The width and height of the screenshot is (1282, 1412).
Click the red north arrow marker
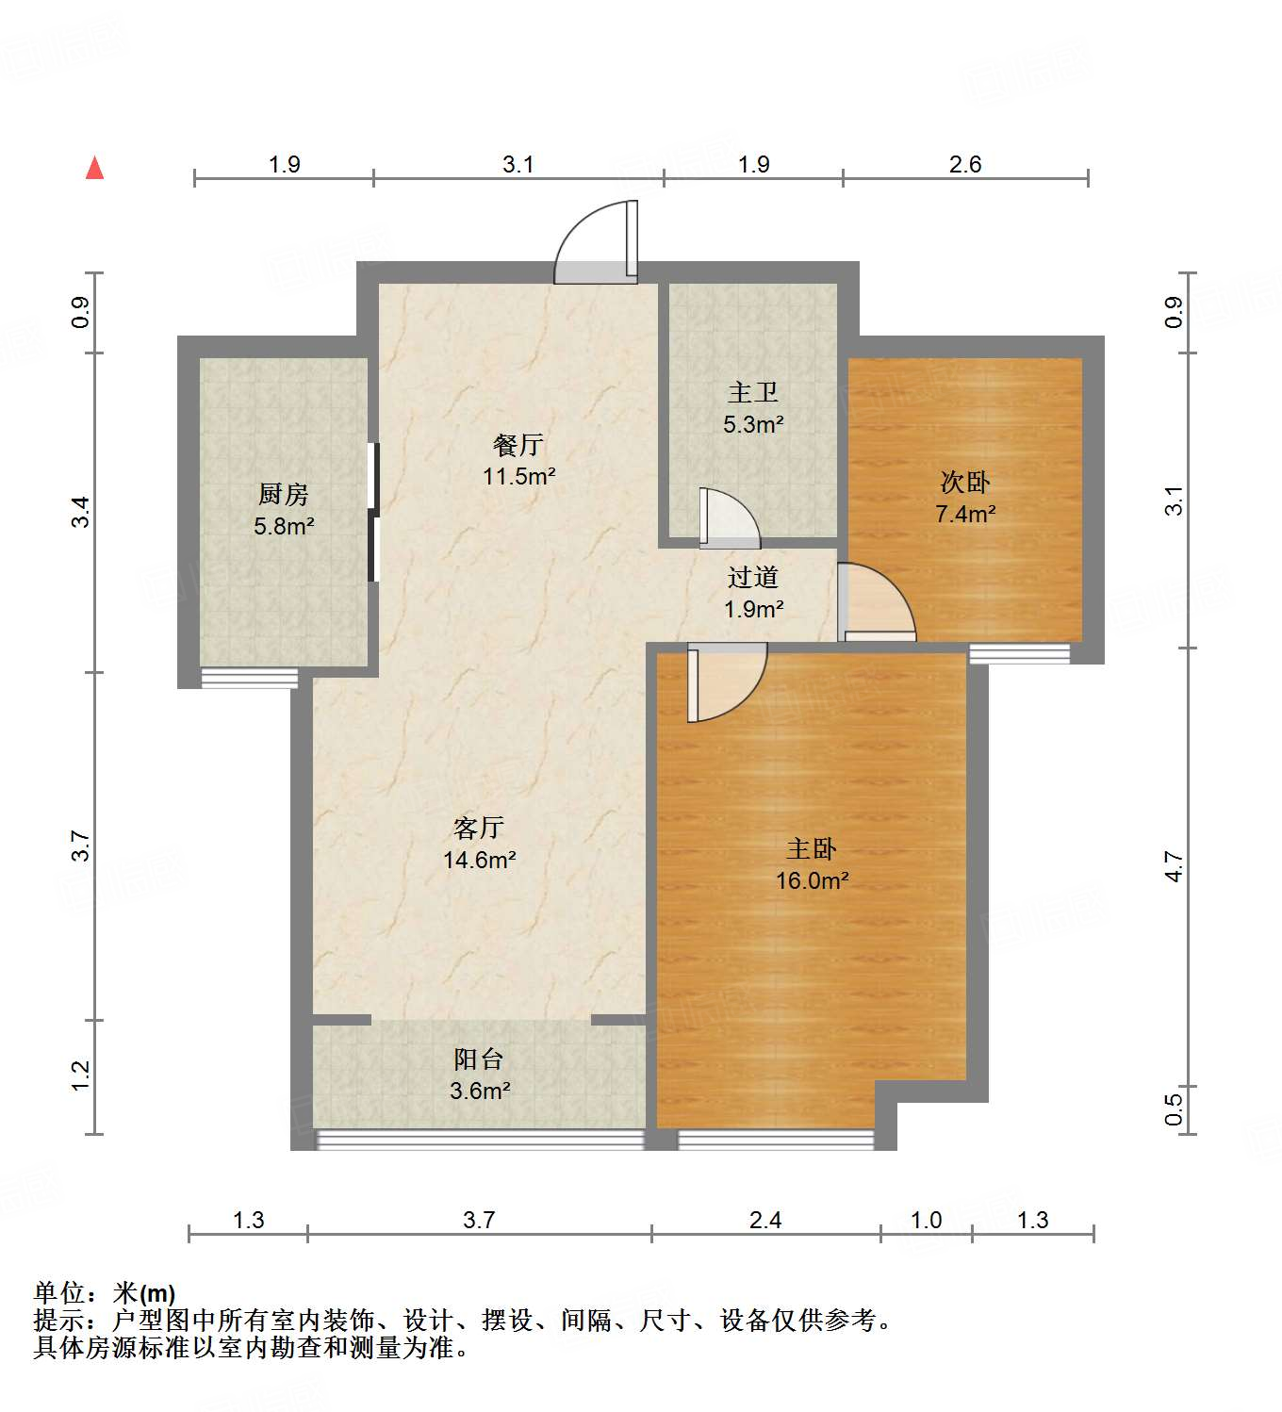(x=94, y=169)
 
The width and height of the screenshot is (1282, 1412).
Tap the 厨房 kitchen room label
(x=283, y=494)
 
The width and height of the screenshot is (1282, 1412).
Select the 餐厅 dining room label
(x=518, y=444)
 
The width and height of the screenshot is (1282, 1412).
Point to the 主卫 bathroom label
(x=753, y=392)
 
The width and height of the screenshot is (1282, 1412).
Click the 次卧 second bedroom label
(x=965, y=483)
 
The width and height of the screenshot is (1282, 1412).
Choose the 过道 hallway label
(x=753, y=577)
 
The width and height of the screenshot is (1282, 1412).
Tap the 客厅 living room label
(x=479, y=828)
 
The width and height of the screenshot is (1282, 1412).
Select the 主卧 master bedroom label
(x=812, y=849)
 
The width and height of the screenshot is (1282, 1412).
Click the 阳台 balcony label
(x=479, y=1059)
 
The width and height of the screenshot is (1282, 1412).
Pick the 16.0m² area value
(x=812, y=881)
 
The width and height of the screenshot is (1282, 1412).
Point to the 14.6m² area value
(x=479, y=860)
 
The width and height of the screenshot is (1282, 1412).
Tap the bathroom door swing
(x=729, y=517)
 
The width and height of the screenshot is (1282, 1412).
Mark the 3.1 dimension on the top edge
(x=518, y=165)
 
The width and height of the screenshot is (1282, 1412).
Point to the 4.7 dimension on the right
(x=1173, y=865)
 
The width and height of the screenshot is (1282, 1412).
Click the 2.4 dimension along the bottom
(x=764, y=1221)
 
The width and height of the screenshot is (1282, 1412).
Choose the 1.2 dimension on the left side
(x=80, y=1075)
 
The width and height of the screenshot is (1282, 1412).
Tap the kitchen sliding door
(x=373, y=512)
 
